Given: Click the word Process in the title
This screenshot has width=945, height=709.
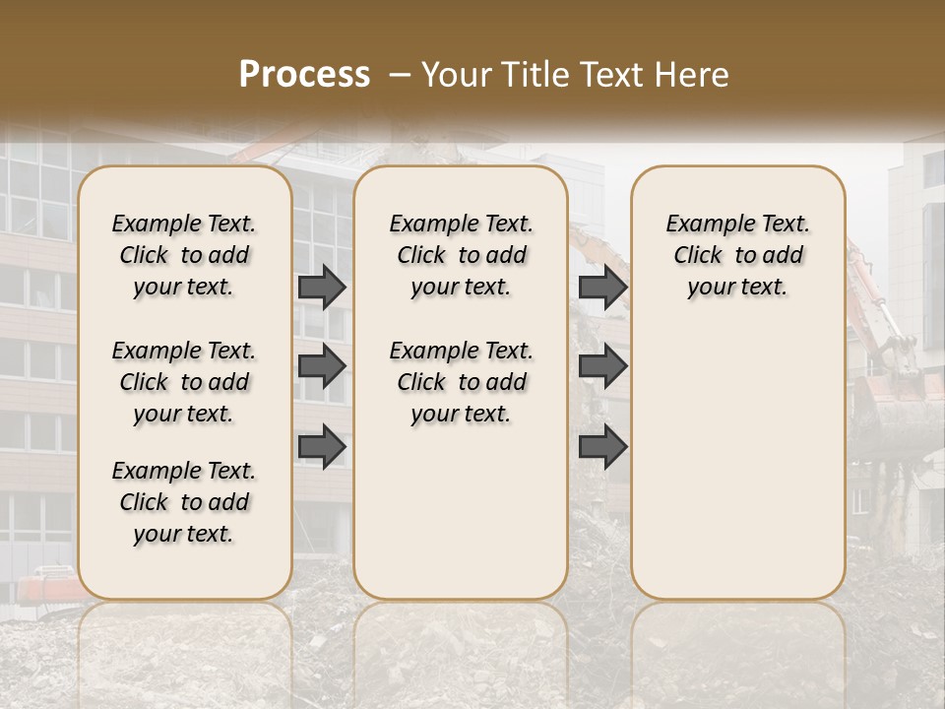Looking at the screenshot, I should coord(304,75).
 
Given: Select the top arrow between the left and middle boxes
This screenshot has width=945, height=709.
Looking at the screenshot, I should coord(322,287).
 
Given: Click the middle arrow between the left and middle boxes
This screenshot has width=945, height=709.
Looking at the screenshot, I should coord(322,366).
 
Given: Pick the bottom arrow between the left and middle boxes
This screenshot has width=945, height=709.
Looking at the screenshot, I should coord(322,446).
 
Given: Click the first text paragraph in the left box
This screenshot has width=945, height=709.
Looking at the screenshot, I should coord(184,255).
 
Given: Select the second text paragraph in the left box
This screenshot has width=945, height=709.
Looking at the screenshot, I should coord(184,382).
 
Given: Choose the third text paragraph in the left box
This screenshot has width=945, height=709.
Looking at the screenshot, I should coord(184,502).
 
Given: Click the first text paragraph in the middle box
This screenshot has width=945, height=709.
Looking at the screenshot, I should coord(461,255).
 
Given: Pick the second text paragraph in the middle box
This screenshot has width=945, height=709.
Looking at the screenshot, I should coord(461,382).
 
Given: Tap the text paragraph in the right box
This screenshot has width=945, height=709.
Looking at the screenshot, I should coord(737,255).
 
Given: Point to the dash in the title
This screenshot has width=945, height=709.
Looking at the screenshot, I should coord(400,75).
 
